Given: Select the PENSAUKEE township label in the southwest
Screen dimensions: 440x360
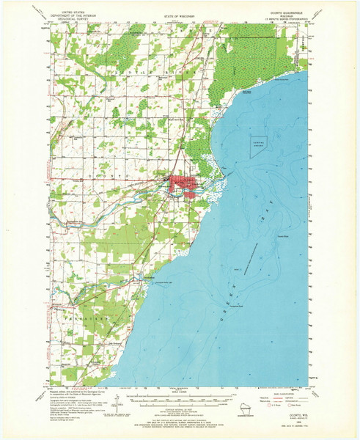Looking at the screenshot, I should click(x=84, y=321).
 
